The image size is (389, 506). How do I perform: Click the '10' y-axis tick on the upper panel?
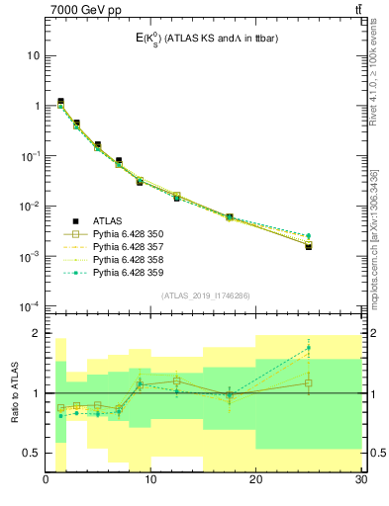tap(33, 56)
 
